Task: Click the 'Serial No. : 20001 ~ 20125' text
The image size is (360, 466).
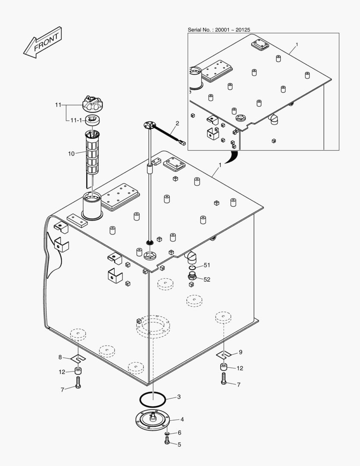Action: tap(219, 30)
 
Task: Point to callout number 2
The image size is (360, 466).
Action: tap(176, 123)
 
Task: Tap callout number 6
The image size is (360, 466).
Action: tap(179, 432)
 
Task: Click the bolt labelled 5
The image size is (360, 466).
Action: tap(167, 441)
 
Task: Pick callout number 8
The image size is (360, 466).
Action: tap(60, 357)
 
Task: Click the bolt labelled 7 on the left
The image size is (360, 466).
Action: tap(78, 382)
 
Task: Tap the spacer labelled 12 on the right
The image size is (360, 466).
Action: tap(224, 368)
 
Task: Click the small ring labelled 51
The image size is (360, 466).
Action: tap(192, 268)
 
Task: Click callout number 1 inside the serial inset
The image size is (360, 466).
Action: tap(296, 45)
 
